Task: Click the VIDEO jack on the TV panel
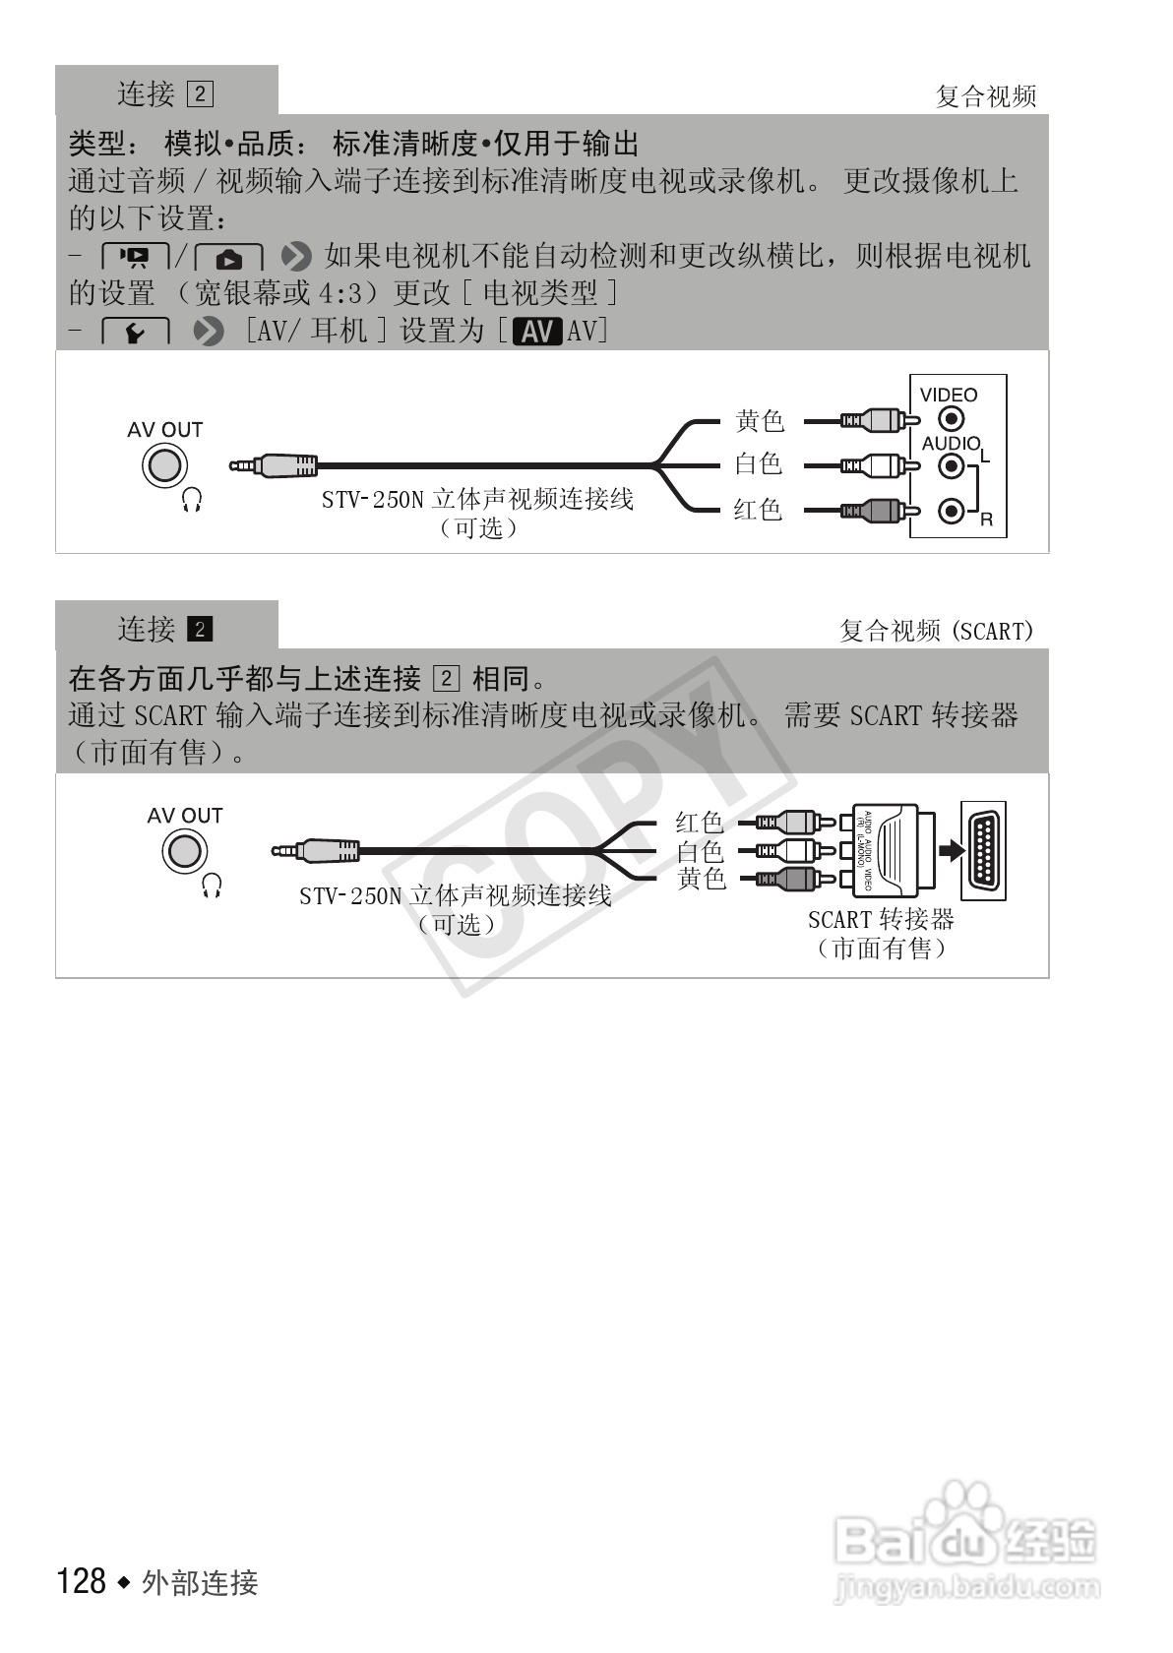click(x=951, y=421)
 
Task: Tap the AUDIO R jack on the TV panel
click(x=951, y=511)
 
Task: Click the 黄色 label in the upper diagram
click(x=760, y=421)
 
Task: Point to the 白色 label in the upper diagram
click(x=758, y=463)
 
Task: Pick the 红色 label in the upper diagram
click(x=758, y=510)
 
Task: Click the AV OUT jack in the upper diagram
click(x=164, y=466)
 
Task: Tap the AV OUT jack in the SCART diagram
click(x=184, y=851)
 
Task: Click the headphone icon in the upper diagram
click(x=193, y=503)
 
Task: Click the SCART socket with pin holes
click(x=983, y=850)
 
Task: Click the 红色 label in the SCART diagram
click(x=700, y=823)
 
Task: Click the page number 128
click(x=82, y=1581)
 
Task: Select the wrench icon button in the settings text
click(x=136, y=333)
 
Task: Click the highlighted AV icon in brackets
click(x=537, y=333)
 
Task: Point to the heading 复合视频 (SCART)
click(x=936, y=631)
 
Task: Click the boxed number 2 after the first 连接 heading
click(x=200, y=94)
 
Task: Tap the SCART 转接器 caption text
click(x=881, y=919)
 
